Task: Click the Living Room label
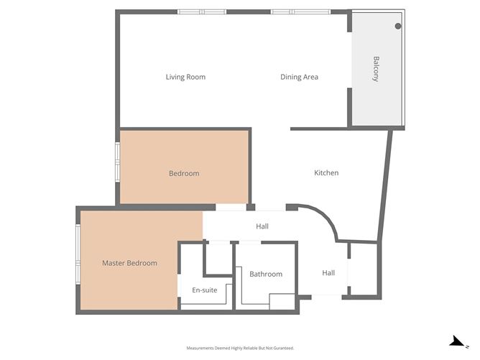pos(185,77)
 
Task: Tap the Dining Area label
pos(299,77)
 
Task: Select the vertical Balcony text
pos(375,69)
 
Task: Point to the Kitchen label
pos(326,172)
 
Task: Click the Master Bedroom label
pos(129,263)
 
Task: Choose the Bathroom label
pos(266,274)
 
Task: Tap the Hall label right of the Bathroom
pos(328,272)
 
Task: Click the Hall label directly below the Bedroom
pos(262,226)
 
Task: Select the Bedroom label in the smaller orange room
pos(184,173)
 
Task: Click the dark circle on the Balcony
pos(398,26)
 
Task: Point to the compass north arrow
pos(455,341)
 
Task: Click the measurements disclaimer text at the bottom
pos(240,348)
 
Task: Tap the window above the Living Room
pos(202,11)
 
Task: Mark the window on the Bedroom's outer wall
pos(118,163)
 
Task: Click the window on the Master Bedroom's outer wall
pos(78,255)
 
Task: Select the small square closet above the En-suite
pos(218,258)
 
